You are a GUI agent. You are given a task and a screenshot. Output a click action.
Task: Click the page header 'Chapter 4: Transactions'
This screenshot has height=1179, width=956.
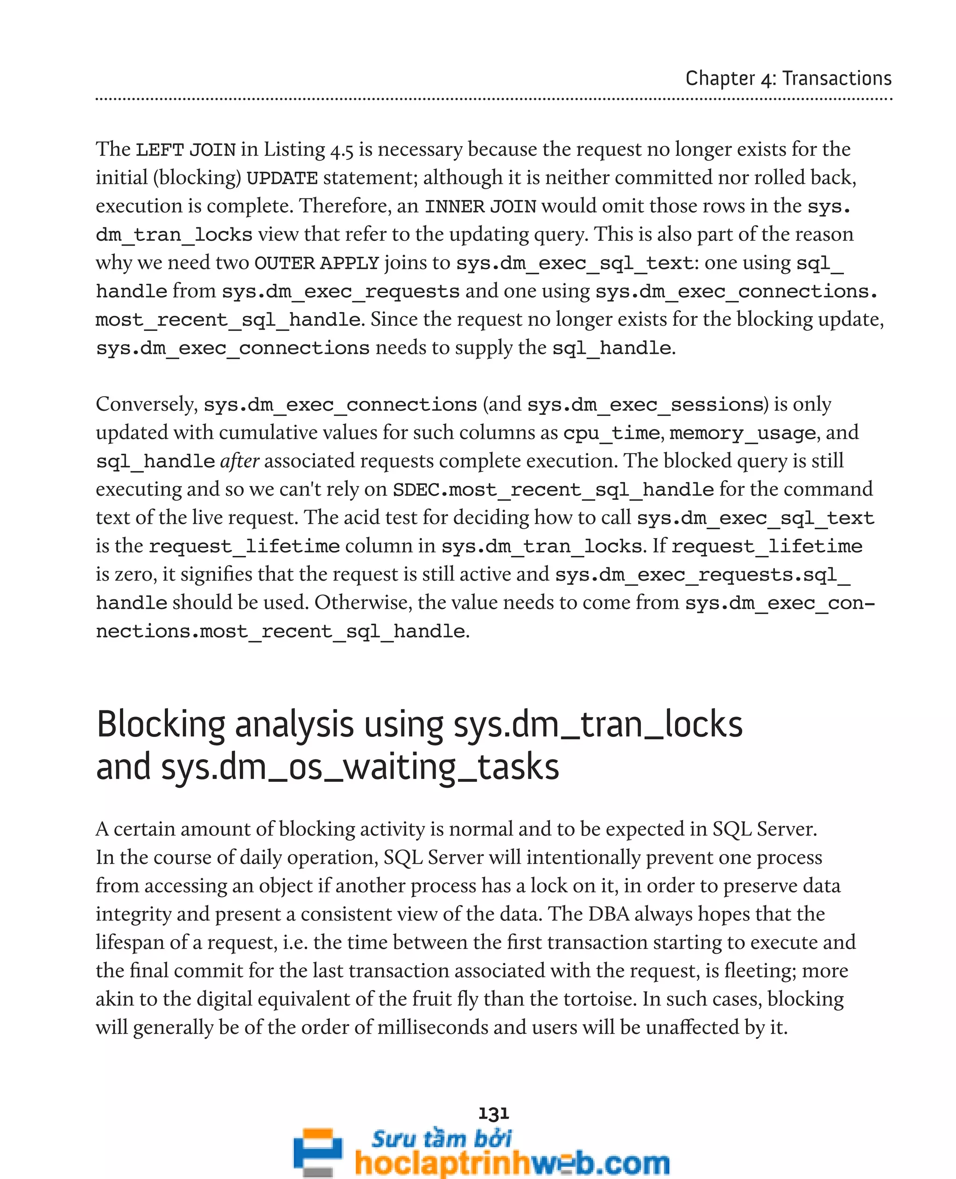point(788,78)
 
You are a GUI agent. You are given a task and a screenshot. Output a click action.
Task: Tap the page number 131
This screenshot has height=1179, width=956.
point(493,1114)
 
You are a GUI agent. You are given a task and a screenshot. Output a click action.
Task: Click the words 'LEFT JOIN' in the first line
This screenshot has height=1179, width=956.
point(186,150)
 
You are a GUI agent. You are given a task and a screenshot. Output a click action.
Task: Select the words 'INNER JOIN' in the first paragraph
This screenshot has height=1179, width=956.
point(480,206)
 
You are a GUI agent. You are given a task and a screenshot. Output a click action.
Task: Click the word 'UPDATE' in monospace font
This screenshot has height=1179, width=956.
point(282,178)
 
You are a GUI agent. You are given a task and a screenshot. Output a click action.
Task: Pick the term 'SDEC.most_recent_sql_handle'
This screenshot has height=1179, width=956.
point(553,490)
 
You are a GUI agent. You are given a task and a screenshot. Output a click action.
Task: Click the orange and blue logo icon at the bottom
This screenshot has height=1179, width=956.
point(318,1152)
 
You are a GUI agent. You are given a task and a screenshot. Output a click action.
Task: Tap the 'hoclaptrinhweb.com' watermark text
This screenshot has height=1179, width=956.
point(512,1164)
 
